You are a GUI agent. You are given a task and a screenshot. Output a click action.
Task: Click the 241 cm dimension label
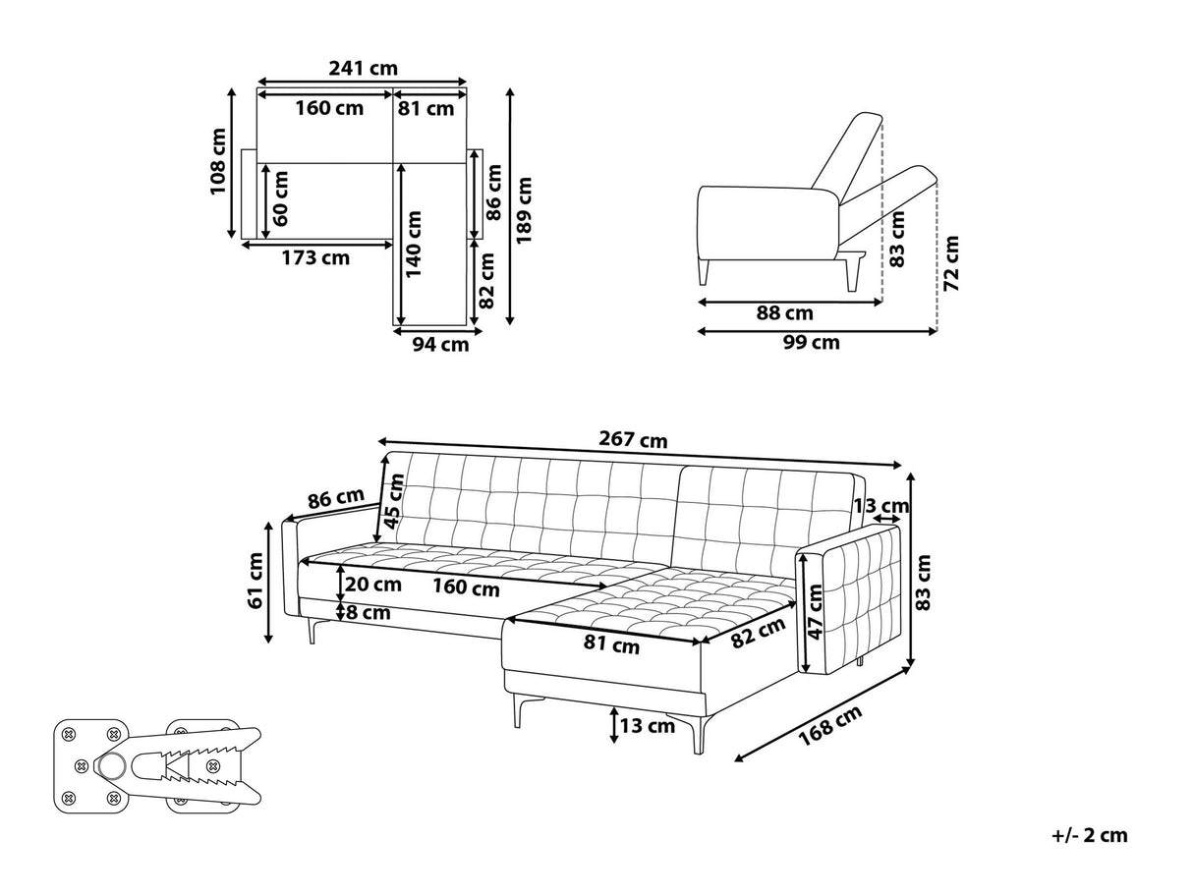click(363, 69)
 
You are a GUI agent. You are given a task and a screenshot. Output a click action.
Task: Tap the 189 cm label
click(524, 210)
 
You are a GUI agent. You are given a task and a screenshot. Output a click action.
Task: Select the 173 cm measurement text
click(315, 257)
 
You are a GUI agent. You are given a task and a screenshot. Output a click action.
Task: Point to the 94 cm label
click(440, 345)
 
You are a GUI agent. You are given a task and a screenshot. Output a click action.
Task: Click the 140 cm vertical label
click(414, 244)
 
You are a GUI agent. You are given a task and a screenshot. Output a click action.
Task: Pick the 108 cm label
click(218, 161)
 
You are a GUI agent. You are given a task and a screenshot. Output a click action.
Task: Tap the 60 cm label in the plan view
click(280, 198)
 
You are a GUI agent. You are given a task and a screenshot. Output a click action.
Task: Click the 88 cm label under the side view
click(784, 313)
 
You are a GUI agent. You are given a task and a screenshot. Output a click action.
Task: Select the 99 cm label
click(812, 342)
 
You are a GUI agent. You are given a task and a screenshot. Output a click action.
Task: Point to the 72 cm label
click(951, 263)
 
